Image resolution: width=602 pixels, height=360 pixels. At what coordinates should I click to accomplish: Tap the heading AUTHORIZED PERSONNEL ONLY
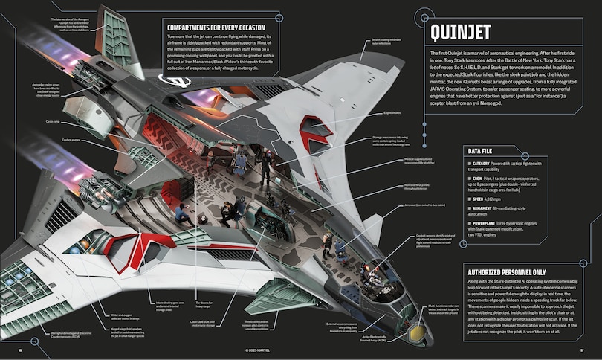coord(508,272)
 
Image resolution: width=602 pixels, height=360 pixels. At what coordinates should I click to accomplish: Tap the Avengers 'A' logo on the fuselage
coord(178,81)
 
